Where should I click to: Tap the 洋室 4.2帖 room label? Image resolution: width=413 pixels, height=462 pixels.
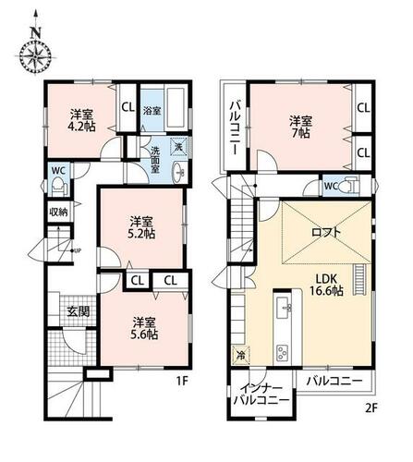[x=82, y=121]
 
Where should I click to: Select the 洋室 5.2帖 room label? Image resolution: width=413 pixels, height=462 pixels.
[x=141, y=228]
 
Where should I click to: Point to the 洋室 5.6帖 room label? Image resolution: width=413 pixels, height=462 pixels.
[x=145, y=329]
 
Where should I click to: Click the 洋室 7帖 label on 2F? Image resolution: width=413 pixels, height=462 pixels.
[x=300, y=127]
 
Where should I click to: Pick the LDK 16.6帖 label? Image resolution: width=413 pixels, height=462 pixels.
[x=326, y=285]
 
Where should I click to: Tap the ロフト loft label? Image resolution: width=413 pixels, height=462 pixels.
[x=326, y=232]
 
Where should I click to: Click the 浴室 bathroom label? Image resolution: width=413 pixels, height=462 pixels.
[x=152, y=111]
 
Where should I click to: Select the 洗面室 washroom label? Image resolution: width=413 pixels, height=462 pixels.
[x=154, y=159]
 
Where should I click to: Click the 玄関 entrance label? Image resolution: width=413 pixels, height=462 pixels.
[x=79, y=311]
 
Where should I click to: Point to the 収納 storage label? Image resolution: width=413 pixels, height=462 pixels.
[x=58, y=212]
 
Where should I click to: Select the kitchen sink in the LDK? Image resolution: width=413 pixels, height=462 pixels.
[x=284, y=308]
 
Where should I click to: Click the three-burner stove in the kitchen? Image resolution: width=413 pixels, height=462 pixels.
[x=283, y=353]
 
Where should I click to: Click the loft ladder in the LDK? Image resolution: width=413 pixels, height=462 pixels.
[x=358, y=280]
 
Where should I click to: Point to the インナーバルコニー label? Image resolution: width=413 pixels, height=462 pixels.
[x=261, y=395]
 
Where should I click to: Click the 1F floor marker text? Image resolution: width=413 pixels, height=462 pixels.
[x=182, y=382]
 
